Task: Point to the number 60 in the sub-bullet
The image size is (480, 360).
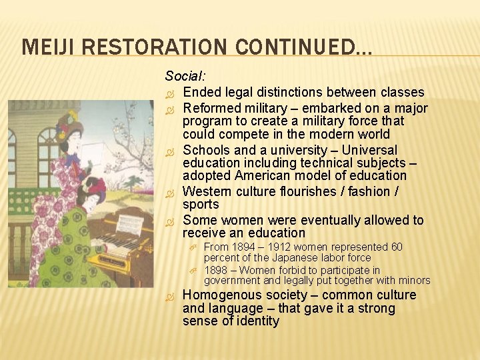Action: pos(396,247)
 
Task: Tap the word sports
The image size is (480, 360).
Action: pos(201,205)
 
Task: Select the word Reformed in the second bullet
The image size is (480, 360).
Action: pos(210,108)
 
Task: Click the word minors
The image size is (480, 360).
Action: pos(415,281)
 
